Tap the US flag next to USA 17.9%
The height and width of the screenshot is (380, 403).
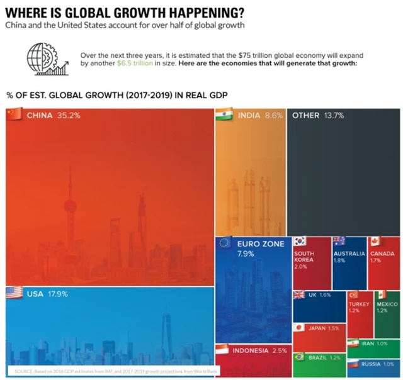(x=14, y=293)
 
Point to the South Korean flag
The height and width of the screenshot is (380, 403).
(x=300, y=241)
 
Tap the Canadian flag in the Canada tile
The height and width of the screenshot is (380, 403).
(x=375, y=241)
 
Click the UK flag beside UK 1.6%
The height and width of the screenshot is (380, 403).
(x=300, y=295)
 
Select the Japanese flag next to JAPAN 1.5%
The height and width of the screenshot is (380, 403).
(x=300, y=328)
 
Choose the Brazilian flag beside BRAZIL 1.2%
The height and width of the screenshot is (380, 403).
(x=300, y=357)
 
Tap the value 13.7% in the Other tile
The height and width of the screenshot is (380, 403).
(x=334, y=116)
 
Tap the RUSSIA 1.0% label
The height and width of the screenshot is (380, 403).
(x=380, y=364)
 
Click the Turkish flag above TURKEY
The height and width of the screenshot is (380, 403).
(x=353, y=295)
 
